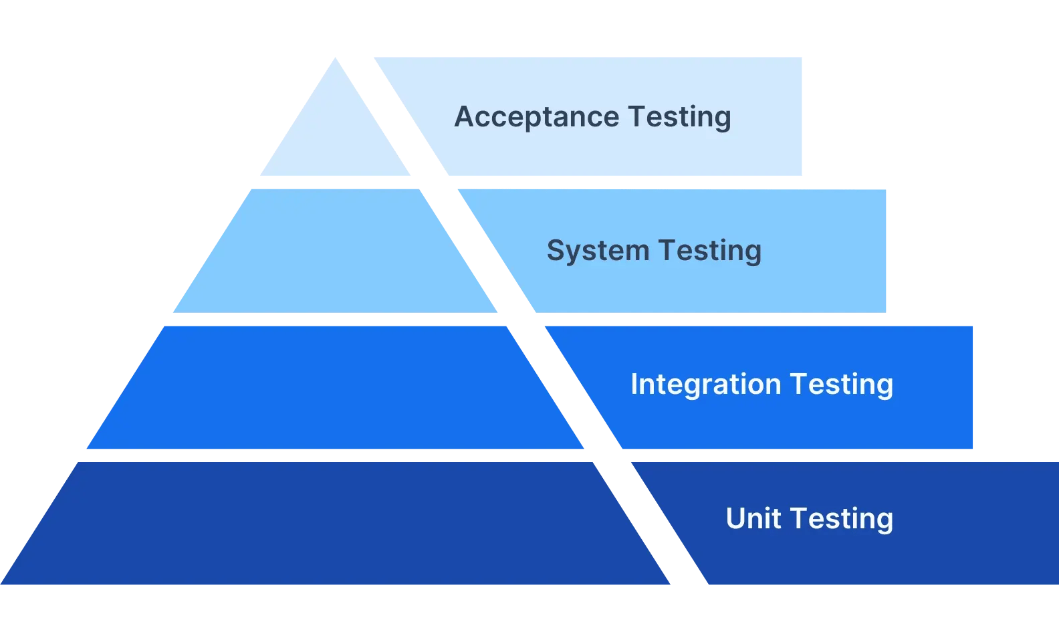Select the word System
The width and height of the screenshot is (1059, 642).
tap(598, 251)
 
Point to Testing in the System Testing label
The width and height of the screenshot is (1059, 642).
tap(709, 251)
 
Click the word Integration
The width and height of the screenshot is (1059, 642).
tap(705, 385)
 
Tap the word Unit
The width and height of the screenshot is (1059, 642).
tap(753, 518)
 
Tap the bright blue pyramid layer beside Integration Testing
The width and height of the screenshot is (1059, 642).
tap(335, 388)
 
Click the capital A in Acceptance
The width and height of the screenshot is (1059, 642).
tap(464, 117)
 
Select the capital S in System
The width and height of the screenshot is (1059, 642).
tap(556, 251)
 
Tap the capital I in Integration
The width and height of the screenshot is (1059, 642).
tap(634, 385)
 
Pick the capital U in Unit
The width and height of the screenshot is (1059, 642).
tap(736, 518)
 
